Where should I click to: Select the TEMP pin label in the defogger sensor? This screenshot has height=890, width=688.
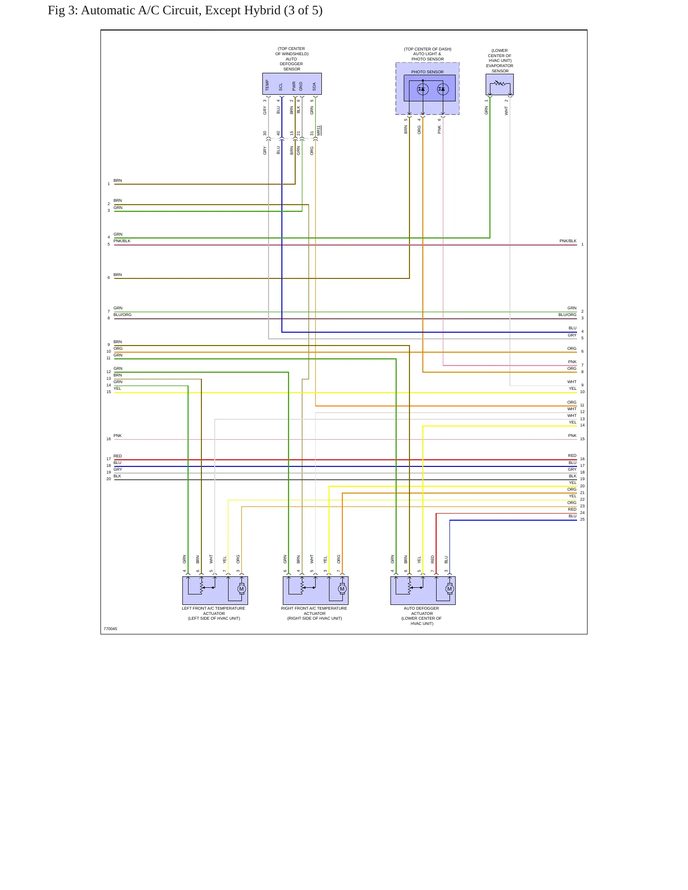pyautogui.click(x=267, y=85)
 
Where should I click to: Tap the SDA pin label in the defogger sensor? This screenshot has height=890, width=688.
pyautogui.click(x=314, y=87)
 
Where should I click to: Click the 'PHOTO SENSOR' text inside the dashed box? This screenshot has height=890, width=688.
pyautogui.click(x=428, y=72)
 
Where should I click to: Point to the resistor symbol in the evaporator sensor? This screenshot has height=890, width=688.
pyautogui.click(x=499, y=83)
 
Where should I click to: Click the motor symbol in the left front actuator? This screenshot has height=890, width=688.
pyautogui.click(x=241, y=589)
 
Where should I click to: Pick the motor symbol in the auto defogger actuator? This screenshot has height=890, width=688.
pyautogui.click(x=449, y=589)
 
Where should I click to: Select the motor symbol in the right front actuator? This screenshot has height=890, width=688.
pyautogui.click(x=342, y=589)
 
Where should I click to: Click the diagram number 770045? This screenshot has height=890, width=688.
pyautogui.click(x=110, y=629)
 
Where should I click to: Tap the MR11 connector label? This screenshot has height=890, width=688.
pyautogui.click(x=319, y=130)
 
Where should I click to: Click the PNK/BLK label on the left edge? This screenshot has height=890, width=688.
pyautogui.click(x=122, y=241)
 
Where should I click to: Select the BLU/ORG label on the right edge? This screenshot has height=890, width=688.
pyautogui.click(x=568, y=315)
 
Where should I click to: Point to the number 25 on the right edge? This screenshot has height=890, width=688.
pyautogui.click(x=582, y=519)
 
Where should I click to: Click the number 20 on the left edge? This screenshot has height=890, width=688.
pyautogui.click(x=109, y=479)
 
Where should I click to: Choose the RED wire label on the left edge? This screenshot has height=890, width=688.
pyautogui.click(x=118, y=456)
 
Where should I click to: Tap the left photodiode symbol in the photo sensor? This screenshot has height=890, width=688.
pyautogui.click(x=423, y=89)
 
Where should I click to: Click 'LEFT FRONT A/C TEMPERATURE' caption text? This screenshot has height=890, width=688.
pyautogui.click(x=213, y=608)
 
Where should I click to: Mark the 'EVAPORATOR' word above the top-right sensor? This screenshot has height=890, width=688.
pyautogui.click(x=499, y=66)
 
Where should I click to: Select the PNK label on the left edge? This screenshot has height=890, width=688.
pyautogui.click(x=118, y=435)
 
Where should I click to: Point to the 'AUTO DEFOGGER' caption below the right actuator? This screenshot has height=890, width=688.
pyautogui.click(x=421, y=608)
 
